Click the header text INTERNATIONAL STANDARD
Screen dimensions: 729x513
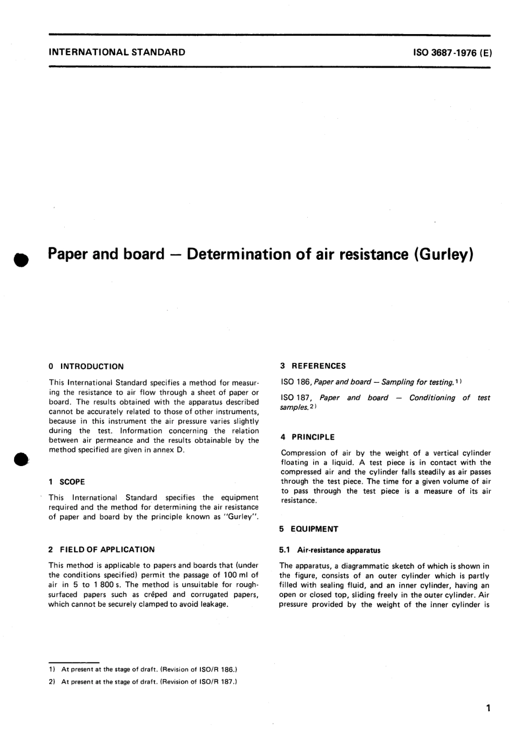tap(117, 52)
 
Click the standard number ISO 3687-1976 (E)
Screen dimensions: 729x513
tap(451, 52)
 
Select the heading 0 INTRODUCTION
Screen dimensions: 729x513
tap(86, 366)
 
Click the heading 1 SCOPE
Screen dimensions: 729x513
tap(66, 482)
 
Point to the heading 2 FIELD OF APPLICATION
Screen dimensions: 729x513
tap(102, 549)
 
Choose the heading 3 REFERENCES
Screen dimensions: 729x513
tap(313, 366)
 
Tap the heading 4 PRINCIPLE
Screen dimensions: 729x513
tap(308, 437)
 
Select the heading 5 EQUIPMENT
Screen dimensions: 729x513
tap(309, 529)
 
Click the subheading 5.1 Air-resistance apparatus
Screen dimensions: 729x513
tap(330, 550)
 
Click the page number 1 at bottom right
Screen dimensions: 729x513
tap(488, 708)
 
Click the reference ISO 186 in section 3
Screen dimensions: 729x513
tap(296, 382)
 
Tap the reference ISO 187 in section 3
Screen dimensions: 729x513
tap(296, 398)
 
